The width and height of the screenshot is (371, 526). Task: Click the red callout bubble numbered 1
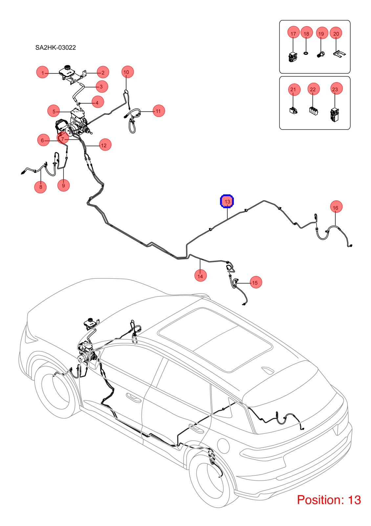coord(42,72)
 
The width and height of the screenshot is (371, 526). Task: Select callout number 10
coord(128,72)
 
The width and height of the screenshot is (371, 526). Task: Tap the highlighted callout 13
coord(227,201)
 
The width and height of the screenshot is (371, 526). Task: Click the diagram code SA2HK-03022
coord(55,47)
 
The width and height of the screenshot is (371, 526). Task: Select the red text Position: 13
coord(329,500)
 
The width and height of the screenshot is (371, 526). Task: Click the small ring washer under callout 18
coord(306,53)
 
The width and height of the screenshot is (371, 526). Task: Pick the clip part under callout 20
coord(339,54)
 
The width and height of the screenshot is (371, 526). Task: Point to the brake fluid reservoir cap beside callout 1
coord(68,67)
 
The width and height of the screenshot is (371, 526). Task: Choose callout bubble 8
coord(40,187)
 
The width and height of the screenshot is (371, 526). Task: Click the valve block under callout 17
coord(293,57)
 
